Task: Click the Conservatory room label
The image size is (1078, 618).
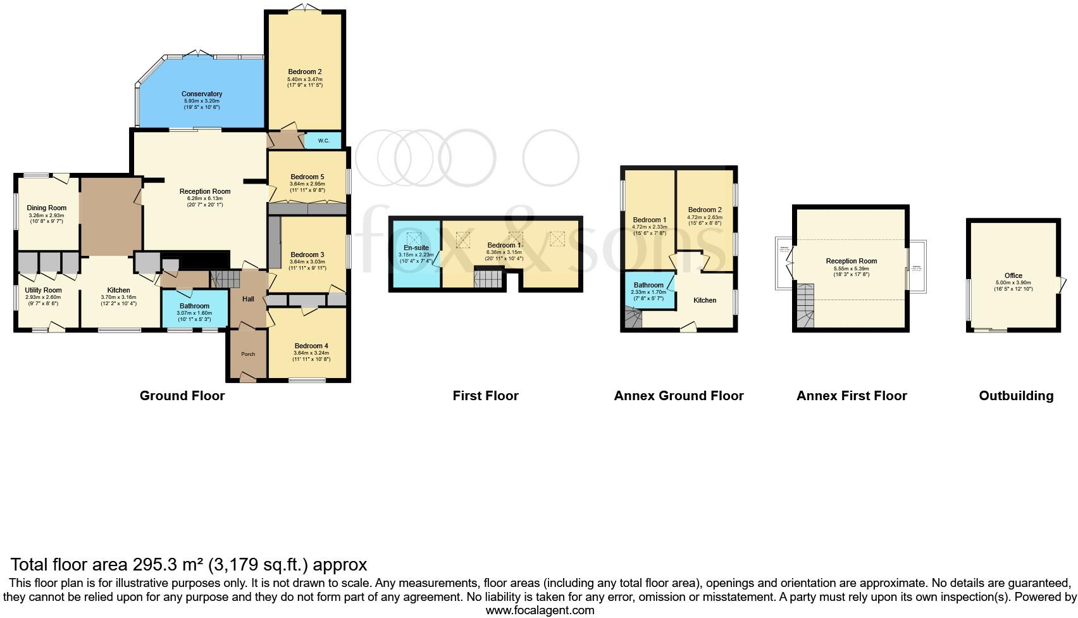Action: pyautogui.click(x=201, y=94)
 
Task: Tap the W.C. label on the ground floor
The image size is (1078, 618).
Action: pyautogui.click(x=323, y=141)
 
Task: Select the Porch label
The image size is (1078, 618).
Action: pyautogui.click(x=248, y=354)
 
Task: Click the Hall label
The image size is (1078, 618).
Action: pyautogui.click(x=248, y=299)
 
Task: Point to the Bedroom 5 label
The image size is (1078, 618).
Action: pyautogui.click(x=307, y=177)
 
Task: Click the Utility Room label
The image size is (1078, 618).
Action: pyautogui.click(x=44, y=290)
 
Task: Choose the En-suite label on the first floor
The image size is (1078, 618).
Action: pyautogui.click(x=416, y=248)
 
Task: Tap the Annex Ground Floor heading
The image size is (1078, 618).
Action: pyautogui.click(x=678, y=396)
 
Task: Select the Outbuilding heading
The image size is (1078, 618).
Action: pyautogui.click(x=1016, y=396)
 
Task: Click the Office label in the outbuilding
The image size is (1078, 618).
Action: pyautogui.click(x=1013, y=275)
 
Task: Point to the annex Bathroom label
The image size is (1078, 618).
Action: pyautogui.click(x=648, y=285)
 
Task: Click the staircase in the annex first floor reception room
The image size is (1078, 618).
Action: pyautogui.click(x=805, y=305)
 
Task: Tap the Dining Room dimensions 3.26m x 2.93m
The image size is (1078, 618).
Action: pyautogui.click(x=46, y=215)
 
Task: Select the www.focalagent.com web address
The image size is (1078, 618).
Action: pyautogui.click(x=540, y=610)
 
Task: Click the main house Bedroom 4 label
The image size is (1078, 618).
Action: pyautogui.click(x=311, y=346)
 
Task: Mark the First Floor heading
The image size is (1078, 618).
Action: pyautogui.click(x=485, y=396)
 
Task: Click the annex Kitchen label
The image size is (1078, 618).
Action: pyautogui.click(x=705, y=300)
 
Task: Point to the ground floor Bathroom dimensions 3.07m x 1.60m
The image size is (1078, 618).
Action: pyautogui.click(x=194, y=313)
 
